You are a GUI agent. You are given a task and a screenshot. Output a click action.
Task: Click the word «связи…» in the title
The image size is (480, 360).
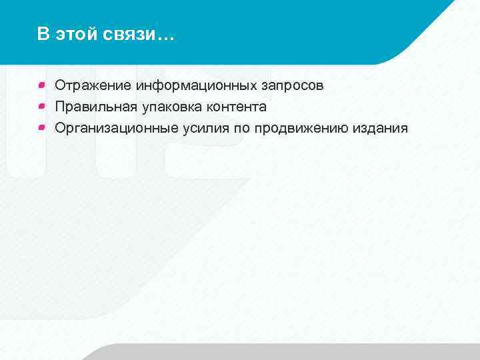(x=137, y=35)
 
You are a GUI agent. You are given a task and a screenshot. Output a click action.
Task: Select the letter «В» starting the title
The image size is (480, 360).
(x=43, y=35)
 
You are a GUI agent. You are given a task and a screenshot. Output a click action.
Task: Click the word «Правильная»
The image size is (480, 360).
(x=96, y=107)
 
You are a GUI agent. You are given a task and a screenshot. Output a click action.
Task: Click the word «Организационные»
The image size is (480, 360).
(x=116, y=128)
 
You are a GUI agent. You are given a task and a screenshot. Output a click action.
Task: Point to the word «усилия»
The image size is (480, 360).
(x=205, y=128)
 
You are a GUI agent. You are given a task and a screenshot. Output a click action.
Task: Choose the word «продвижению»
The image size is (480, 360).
(x=301, y=128)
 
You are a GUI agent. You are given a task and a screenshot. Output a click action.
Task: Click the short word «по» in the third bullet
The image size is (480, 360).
(x=241, y=128)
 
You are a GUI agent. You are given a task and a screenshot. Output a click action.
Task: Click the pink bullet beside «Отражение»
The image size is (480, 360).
(x=41, y=85)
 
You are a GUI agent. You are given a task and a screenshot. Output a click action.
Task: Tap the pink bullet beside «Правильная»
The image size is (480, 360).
(x=41, y=106)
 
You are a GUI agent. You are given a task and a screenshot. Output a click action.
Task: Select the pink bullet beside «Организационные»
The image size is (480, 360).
(x=41, y=127)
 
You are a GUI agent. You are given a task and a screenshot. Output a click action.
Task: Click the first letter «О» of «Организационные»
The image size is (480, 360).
(x=60, y=128)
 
